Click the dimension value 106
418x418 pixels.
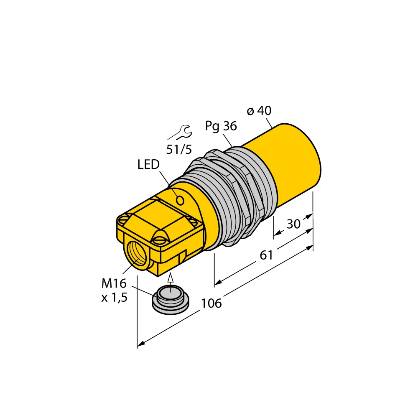point(212,303)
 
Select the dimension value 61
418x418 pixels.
point(266,255)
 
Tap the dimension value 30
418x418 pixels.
point(293,224)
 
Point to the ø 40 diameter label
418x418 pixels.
point(259,111)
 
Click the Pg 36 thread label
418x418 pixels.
point(221,126)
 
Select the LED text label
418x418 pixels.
point(148,165)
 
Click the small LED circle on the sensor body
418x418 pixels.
point(180,201)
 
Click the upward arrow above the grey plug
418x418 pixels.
point(170,278)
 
